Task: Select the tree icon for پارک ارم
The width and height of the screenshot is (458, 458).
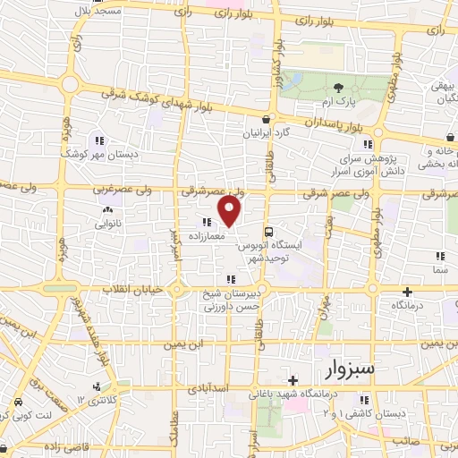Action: point(338,87)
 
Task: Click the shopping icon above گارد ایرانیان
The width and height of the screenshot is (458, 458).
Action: point(266,119)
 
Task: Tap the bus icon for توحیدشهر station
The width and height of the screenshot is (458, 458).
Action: point(268,229)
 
